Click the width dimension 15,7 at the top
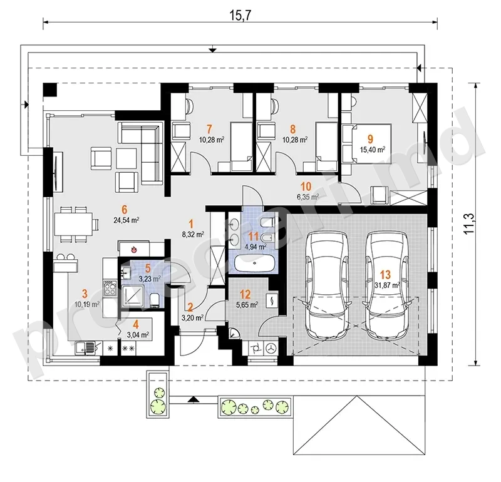(241, 15)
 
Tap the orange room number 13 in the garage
(385, 274)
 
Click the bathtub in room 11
(255, 263)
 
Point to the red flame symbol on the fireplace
(135, 249)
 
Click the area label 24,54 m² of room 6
(126, 220)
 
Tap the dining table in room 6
(73, 223)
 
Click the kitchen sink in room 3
(86, 348)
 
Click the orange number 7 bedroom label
(209, 130)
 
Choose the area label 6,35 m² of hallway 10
(308, 197)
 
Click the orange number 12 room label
(245, 294)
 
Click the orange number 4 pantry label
(136, 325)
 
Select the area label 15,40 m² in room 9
(372, 149)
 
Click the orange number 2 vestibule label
(190, 307)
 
